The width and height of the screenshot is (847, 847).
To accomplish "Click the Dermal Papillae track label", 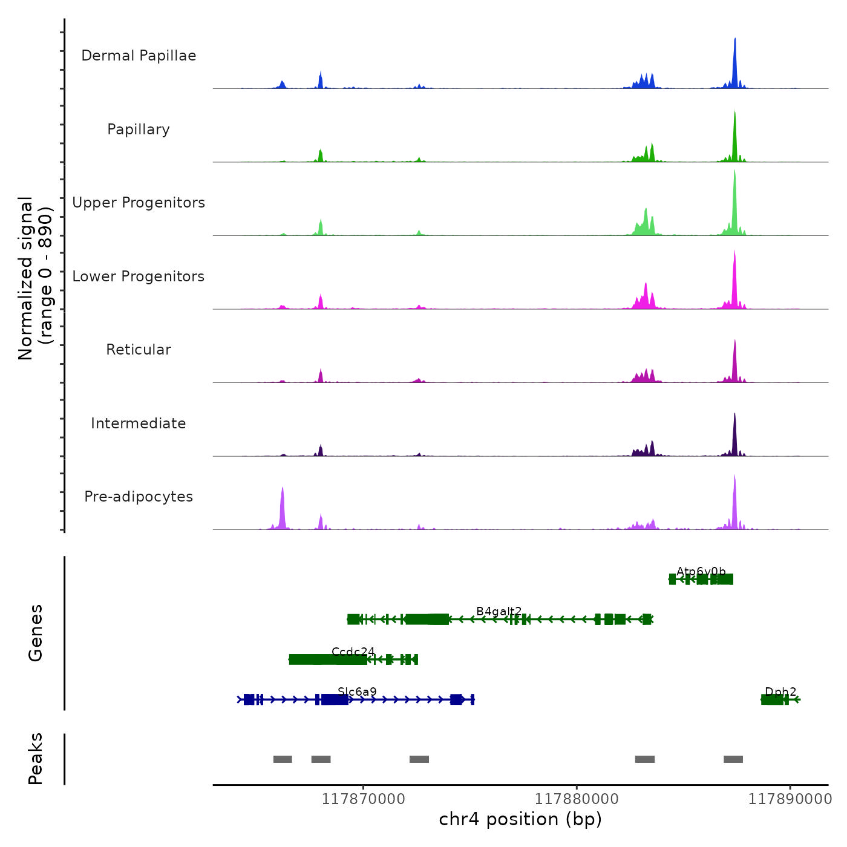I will (139, 56).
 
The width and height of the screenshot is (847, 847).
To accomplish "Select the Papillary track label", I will (139, 129).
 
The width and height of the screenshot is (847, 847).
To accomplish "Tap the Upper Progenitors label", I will (139, 203).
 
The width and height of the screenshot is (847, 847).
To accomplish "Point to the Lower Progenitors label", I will (139, 276).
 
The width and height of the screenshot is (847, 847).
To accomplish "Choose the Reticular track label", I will (139, 350).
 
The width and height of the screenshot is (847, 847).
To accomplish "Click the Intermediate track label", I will (139, 423).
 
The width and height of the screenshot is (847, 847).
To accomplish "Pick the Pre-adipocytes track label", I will (139, 497).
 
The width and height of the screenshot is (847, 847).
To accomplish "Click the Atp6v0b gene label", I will (701, 571).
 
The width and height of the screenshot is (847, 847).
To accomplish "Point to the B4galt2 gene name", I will (499, 611).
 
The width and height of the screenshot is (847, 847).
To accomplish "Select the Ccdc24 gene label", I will (353, 652).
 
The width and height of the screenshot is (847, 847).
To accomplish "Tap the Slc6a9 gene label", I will (357, 692).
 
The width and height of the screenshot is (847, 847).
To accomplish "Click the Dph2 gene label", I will (780, 692).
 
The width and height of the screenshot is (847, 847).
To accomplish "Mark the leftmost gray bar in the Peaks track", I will (283, 759).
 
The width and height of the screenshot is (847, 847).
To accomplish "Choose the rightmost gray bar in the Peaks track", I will (733, 759).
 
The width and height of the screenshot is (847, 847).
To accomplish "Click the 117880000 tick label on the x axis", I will (577, 799).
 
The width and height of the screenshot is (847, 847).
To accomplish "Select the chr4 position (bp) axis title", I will (520, 819).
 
